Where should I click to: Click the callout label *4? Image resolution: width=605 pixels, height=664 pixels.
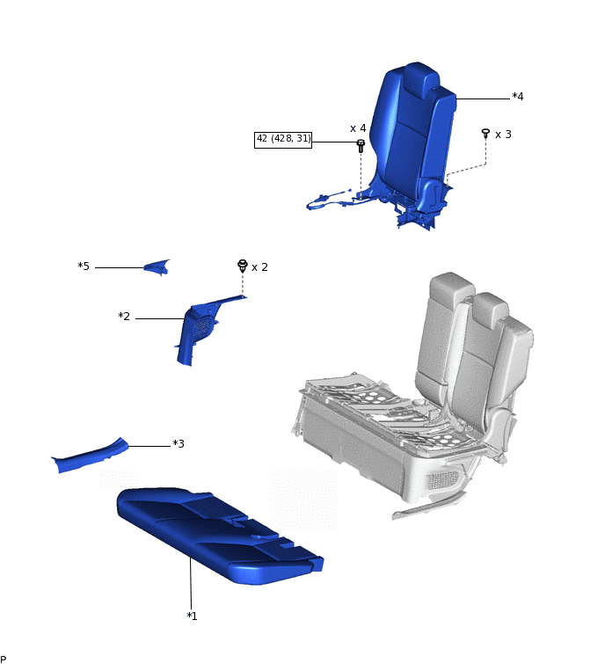pyautogui.click(x=517, y=97)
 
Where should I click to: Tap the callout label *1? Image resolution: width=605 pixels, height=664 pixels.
pyautogui.click(x=192, y=617)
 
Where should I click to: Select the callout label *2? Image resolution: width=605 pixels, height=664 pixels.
pyautogui.click(x=124, y=317)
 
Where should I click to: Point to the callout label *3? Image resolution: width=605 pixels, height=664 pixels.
pyautogui.click(x=179, y=444)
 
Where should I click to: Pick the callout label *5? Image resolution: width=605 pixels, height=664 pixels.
pyautogui.click(x=84, y=266)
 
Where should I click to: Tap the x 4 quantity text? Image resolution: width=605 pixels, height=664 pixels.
pyautogui.click(x=358, y=128)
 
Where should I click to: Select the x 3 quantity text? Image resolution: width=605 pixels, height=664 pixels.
pyautogui.click(x=503, y=135)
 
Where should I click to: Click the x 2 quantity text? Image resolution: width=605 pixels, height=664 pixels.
pyautogui.click(x=259, y=267)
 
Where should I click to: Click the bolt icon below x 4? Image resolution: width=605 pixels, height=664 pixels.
pyautogui.click(x=361, y=146)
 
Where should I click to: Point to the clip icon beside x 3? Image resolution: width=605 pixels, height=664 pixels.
pyautogui.click(x=485, y=134)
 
